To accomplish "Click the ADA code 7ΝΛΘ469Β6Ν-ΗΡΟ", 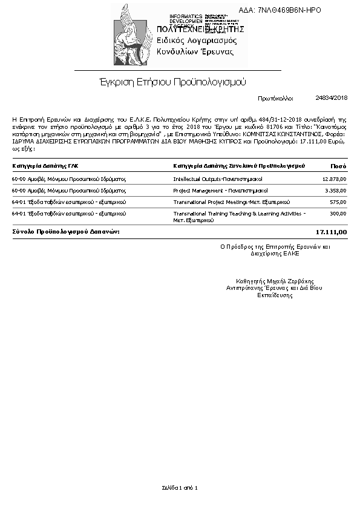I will pyautogui.click(x=289, y=10).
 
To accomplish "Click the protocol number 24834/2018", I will pyautogui.click(x=331, y=97).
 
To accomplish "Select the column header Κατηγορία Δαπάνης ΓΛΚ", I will pyautogui.click(x=45, y=165).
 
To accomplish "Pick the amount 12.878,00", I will pyautogui.click(x=334, y=179).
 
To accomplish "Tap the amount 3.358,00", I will pyautogui.click(x=335, y=190).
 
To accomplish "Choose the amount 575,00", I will pyautogui.click(x=338, y=202).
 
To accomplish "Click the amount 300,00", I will pyautogui.click(x=338, y=213).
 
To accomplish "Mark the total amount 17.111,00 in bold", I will pyautogui.click(x=332, y=232).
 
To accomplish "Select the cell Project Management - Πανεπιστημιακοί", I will pyautogui.click(x=217, y=190).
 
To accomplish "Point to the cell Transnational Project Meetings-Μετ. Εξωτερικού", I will pyautogui.click(x=232, y=202).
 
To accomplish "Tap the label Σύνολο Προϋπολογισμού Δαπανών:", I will pyautogui.click(x=66, y=232).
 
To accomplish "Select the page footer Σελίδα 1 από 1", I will pyautogui.click(x=180, y=487).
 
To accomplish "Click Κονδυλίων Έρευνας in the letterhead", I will pyautogui.click(x=195, y=51).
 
